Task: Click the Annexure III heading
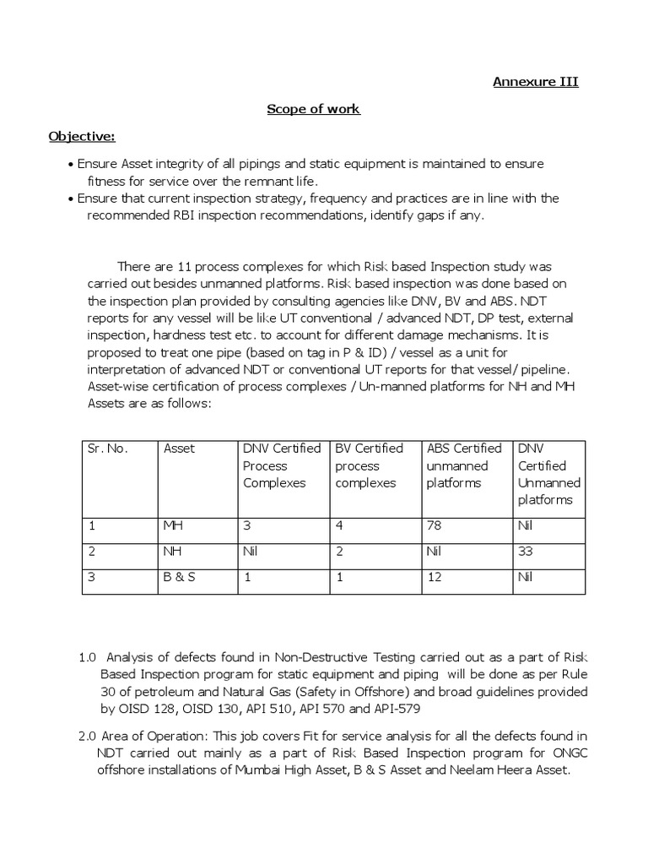(x=536, y=82)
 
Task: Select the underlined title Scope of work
(x=313, y=109)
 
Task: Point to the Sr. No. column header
(x=107, y=449)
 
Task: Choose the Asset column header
(x=179, y=449)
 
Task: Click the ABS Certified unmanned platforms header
(x=463, y=465)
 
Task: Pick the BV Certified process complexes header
(x=369, y=465)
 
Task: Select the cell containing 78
(x=435, y=525)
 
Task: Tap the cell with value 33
(x=525, y=553)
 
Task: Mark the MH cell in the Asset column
(x=173, y=525)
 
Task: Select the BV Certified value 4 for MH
(x=339, y=525)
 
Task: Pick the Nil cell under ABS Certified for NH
(x=436, y=553)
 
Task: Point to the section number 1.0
(x=89, y=656)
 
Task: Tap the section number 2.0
(x=89, y=736)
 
